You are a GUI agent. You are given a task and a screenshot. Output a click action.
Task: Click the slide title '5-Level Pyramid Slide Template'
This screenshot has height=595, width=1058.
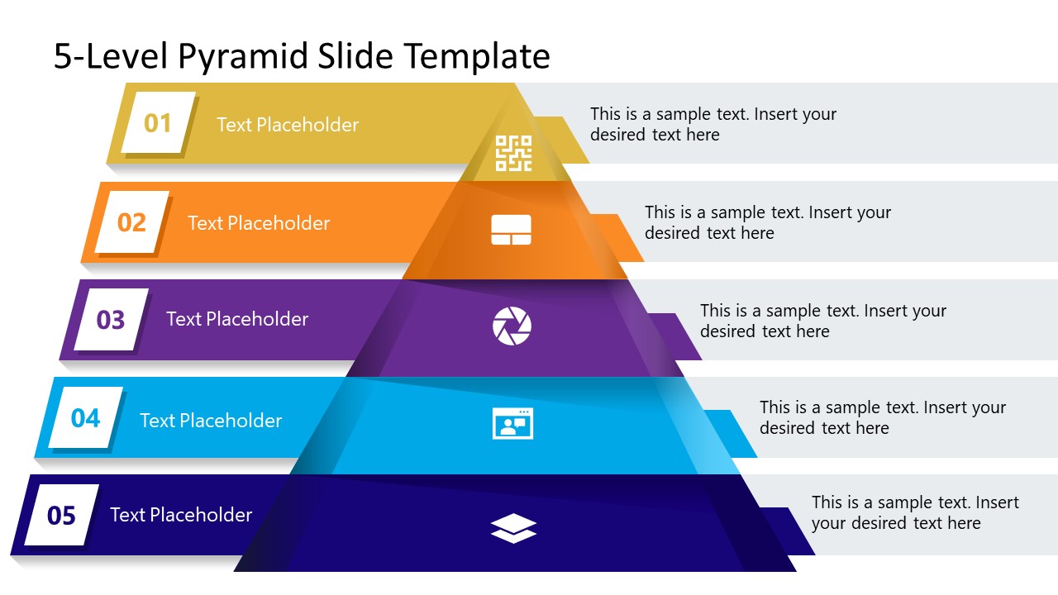point(302,56)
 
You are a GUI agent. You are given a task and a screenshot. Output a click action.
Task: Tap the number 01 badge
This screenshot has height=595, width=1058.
point(158,123)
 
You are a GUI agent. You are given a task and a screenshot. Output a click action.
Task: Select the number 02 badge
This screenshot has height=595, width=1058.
point(131,222)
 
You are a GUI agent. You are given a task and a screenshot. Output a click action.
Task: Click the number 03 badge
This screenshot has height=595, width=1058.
point(111,319)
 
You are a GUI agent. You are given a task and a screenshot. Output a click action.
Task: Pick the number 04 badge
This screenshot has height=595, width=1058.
point(85,418)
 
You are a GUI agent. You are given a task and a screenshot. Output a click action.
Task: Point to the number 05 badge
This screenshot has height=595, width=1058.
point(61,516)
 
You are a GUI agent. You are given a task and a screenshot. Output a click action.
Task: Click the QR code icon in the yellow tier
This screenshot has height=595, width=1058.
point(512,154)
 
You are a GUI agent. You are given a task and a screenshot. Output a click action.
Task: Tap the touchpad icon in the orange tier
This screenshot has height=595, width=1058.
point(511,230)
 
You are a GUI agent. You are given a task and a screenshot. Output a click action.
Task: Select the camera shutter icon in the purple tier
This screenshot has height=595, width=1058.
point(512,326)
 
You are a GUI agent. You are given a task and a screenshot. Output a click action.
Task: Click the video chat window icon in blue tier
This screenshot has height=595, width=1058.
point(512,423)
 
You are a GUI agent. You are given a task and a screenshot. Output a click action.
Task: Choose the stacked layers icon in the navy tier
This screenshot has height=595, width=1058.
point(513,528)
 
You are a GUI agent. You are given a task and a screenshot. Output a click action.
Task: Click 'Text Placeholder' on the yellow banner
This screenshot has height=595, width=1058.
point(288,125)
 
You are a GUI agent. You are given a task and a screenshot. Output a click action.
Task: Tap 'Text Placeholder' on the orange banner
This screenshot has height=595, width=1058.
point(259,223)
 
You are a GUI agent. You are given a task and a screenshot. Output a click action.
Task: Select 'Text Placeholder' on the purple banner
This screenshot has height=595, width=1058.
point(237,319)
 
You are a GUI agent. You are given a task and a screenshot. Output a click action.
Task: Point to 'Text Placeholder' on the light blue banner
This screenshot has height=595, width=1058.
point(211,421)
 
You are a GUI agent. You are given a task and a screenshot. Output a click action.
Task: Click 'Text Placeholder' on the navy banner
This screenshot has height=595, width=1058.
point(181,515)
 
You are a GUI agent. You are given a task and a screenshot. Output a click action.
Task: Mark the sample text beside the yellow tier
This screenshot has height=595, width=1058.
point(712,124)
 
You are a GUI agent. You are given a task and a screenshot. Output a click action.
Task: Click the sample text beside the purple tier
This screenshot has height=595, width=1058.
point(822,321)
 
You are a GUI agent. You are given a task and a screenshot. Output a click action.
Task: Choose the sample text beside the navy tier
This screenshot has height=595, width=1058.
point(914,512)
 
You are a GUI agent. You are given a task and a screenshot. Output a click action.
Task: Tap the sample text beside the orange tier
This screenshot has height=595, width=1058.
point(767,222)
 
